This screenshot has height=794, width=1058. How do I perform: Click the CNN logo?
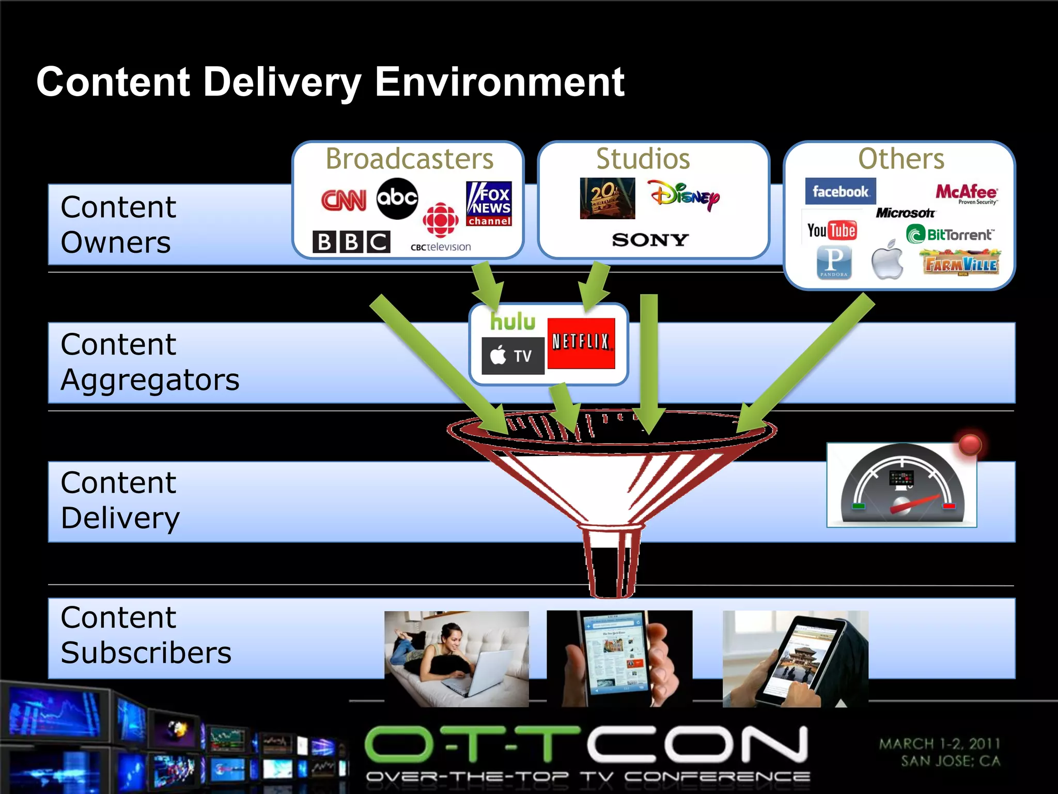344,200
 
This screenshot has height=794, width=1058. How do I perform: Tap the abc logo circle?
397,198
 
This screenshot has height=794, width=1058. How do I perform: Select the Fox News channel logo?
489,204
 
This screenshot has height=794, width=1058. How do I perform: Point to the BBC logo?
351,241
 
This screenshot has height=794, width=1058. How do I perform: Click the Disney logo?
683,195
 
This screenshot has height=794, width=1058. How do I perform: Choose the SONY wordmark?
650,240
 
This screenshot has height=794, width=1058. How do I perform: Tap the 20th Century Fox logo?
607,198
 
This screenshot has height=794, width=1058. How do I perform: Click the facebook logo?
840,191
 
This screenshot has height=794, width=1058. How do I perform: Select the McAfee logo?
966,193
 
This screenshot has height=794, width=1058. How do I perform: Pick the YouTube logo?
832,230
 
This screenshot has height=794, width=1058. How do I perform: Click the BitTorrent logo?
950,235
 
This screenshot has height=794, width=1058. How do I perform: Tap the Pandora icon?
834,262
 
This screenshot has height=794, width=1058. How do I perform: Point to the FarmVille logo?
961,263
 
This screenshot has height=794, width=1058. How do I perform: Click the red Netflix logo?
581,343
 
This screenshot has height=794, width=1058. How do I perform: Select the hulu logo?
512,322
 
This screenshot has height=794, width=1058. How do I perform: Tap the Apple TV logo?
512,356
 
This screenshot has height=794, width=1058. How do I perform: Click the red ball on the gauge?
970,444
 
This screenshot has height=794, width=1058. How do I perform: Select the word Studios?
643,159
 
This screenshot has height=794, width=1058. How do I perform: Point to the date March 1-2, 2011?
940,744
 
